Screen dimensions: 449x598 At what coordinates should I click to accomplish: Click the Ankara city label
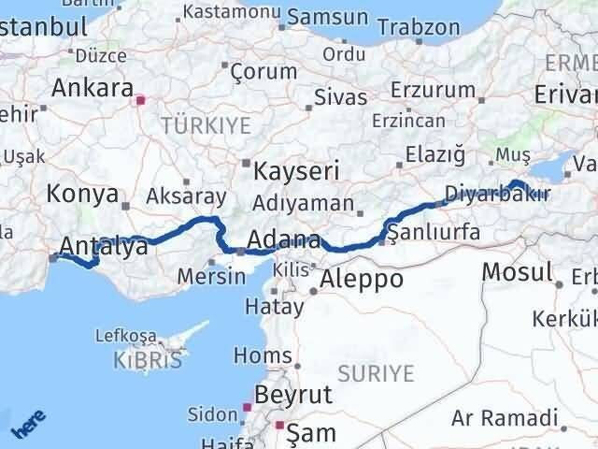tap(92, 89)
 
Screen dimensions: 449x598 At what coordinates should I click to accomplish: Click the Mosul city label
tap(517, 272)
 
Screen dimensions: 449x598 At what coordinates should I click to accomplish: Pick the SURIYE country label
tap(375, 374)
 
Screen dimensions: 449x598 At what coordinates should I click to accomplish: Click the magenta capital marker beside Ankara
tap(140, 99)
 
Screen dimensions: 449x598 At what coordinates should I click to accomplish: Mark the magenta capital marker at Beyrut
tap(247, 407)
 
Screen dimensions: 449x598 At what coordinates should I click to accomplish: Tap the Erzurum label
tap(434, 90)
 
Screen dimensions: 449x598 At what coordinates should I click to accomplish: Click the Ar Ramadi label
tap(504, 418)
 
